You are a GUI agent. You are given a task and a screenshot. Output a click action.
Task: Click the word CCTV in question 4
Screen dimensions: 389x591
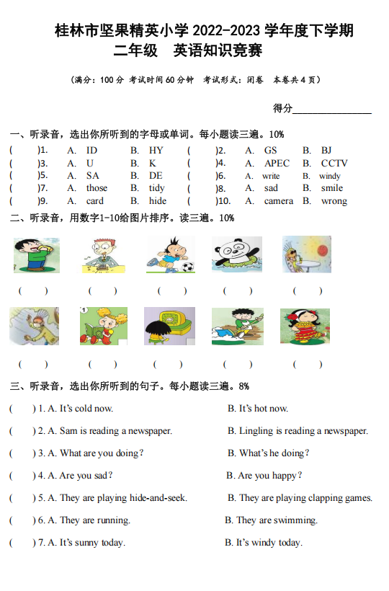click(334, 164)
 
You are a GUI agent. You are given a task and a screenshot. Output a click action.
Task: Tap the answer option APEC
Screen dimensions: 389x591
click(277, 164)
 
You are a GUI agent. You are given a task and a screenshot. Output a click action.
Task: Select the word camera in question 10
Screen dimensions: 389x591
click(278, 201)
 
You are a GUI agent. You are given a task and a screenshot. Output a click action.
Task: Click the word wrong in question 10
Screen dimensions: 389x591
click(334, 201)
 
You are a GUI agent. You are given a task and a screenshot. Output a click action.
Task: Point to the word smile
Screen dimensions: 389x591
click(332, 188)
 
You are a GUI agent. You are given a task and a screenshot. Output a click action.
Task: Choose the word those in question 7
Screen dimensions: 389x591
click(97, 188)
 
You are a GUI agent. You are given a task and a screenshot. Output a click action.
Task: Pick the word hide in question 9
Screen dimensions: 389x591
click(158, 201)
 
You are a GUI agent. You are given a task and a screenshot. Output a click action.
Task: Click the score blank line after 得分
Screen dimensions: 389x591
click(332, 110)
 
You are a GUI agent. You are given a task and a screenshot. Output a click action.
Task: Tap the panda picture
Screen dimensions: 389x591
click(237, 255)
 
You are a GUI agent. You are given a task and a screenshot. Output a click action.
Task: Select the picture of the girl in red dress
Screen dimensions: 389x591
click(305, 326)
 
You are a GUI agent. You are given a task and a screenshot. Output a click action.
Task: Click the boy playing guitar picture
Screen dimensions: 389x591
click(237, 326)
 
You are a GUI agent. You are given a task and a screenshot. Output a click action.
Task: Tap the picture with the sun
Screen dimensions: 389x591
click(307, 255)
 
